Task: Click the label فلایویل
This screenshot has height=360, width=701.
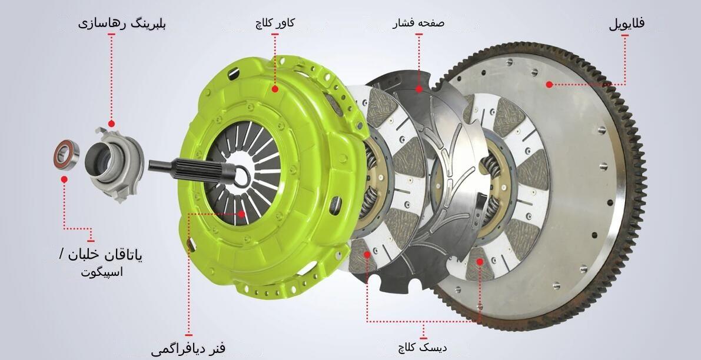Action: pyautogui.click(x=626, y=23)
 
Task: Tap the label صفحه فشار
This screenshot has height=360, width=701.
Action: pyautogui.click(x=418, y=22)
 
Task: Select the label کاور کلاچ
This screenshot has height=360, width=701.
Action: pyautogui.click(x=275, y=22)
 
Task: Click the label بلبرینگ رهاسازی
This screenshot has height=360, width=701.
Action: pyautogui.click(x=122, y=23)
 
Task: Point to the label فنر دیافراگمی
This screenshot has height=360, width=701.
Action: pyautogui.click(x=188, y=348)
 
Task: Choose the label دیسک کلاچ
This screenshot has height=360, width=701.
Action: pyautogui.click(x=423, y=346)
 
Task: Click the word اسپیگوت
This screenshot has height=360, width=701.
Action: pyautogui.click(x=102, y=271)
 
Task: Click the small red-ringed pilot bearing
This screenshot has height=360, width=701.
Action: pyautogui.click(x=66, y=155)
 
